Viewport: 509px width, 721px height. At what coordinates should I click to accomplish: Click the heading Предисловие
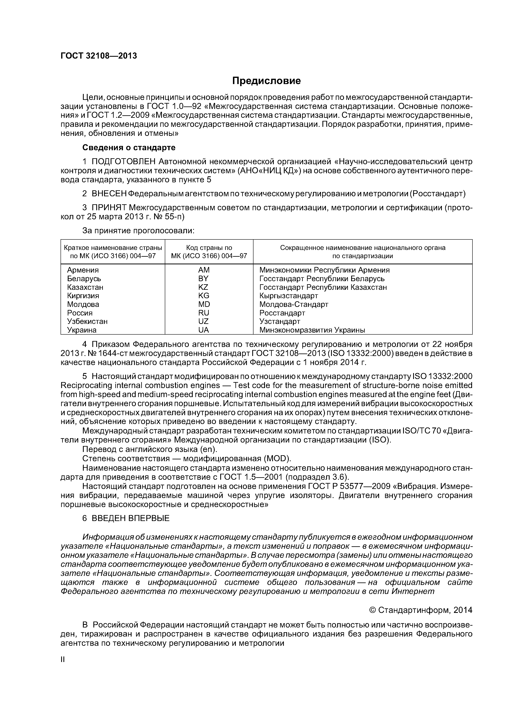tap(266, 81)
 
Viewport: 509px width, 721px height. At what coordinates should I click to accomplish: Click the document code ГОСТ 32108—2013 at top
tap(99, 56)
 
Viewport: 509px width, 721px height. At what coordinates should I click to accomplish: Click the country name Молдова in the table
tap(83, 304)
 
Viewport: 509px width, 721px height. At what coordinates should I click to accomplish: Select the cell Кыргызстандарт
tap(289, 296)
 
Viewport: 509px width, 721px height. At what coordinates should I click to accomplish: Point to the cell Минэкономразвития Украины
tap(312, 330)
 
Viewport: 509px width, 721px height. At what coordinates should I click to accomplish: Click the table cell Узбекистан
tap(87, 322)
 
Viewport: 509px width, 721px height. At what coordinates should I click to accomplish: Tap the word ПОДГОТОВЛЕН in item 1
tap(124, 162)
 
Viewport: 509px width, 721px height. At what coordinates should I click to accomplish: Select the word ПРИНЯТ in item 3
tap(109, 208)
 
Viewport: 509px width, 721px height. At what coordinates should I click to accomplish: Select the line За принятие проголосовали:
tap(138, 231)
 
